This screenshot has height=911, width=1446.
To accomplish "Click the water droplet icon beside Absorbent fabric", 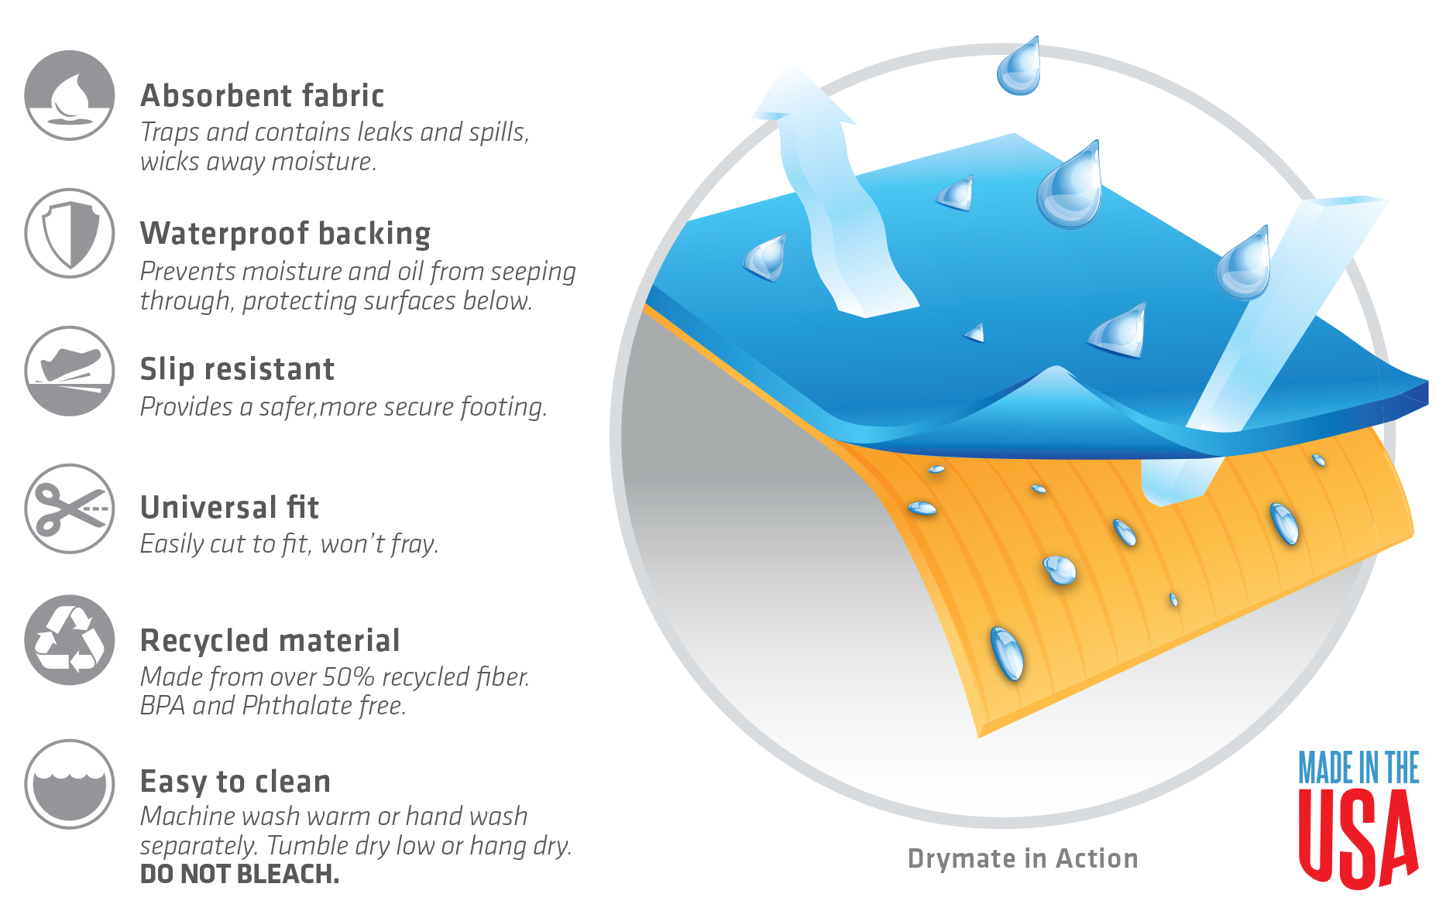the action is (70, 95).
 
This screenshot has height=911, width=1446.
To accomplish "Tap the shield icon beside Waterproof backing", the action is (70, 233).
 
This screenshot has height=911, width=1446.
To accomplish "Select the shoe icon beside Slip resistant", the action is (70, 371).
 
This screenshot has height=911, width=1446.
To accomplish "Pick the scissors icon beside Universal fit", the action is (70, 509).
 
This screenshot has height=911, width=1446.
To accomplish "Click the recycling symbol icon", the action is (70, 640).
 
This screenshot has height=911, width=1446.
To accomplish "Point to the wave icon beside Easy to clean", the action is (70, 784).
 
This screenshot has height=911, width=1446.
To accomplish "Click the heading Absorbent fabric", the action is (262, 96).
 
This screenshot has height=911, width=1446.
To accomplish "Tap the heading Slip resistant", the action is (237, 369).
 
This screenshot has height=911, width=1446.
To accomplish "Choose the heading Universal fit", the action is (229, 508).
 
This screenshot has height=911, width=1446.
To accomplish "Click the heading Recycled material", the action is (270, 641).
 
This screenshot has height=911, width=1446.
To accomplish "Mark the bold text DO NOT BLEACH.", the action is (239, 874).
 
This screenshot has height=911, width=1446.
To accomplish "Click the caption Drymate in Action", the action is (1022, 858).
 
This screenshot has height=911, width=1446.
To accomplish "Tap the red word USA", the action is (1358, 837).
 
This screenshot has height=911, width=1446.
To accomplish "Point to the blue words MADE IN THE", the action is (1358, 768).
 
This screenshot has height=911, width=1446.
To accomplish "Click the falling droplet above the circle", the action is (1018, 67).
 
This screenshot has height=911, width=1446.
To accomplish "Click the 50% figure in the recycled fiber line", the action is (349, 677).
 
